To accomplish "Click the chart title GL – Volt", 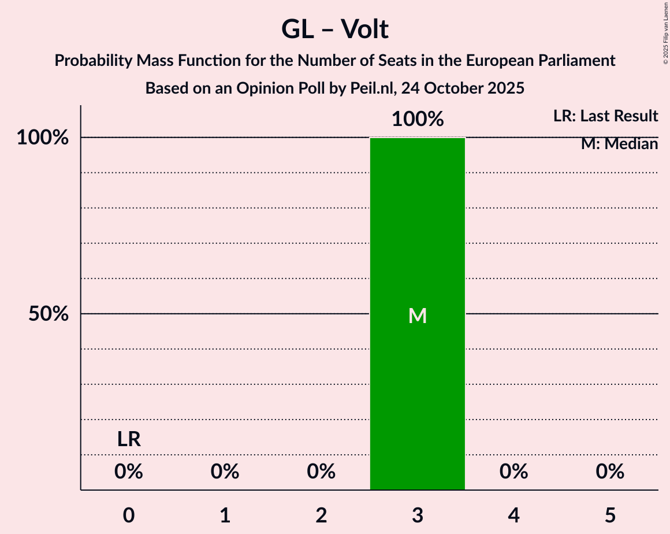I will coord(335,29).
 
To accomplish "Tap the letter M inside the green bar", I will coord(418,316).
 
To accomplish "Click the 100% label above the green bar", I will coord(418,120).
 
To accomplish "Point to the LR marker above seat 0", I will coord(129,440).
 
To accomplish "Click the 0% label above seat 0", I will coord(129,472).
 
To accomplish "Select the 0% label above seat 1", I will coord(225,472).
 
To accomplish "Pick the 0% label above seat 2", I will coord(321,472).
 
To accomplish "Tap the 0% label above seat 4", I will coord(514,472).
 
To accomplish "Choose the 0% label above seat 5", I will coord(610,472).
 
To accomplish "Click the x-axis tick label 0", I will coord(129,515).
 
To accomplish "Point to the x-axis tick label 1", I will coord(225,515).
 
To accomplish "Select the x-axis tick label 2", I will coord(321,515).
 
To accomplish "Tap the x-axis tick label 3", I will coord(418,515).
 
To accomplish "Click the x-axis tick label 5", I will coord(610,515).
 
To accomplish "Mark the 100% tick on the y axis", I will coord(43,138).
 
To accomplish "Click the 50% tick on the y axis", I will coord(49,314).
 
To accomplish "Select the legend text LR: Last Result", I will coord(605,116).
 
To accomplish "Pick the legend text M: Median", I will coord(619,144).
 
